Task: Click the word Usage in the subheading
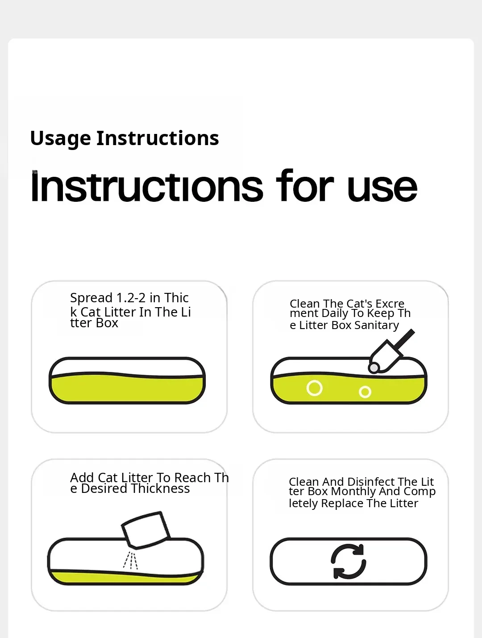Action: [60, 139]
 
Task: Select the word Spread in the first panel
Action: [91, 298]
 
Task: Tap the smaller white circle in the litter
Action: [365, 392]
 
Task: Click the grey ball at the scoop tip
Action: [374, 368]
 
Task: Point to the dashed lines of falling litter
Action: [130, 561]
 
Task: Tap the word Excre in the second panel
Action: [390, 304]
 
